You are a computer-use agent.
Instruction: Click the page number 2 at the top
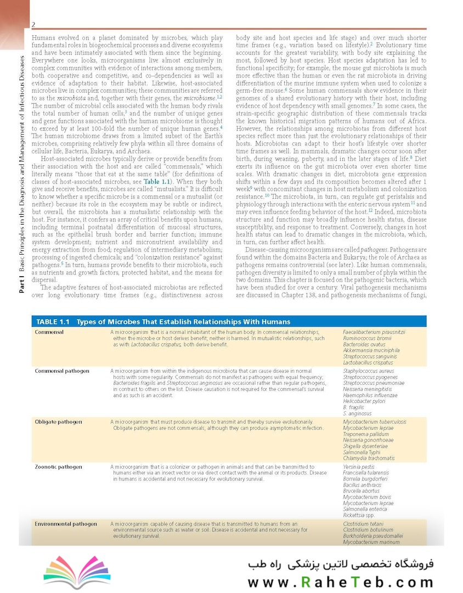[x=33, y=25]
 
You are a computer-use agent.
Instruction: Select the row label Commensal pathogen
[x=62, y=371]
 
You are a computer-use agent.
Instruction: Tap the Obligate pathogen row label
[x=59, y=422]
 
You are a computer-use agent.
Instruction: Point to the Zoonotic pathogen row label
[x=59, y=467]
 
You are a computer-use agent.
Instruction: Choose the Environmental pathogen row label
[x=66, y=524]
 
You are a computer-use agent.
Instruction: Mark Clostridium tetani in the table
[x=363, y=524]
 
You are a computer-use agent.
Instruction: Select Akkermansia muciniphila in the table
[x=371, y=350]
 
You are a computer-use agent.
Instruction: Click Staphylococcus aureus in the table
[x=368, y=371]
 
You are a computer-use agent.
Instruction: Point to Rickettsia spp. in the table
[x=359, y=515]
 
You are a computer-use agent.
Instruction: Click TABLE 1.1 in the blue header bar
[x=53, y=322]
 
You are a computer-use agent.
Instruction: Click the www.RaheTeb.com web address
[x=340, y=582]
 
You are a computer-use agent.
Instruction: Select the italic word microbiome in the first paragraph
[x=199, y=97]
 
